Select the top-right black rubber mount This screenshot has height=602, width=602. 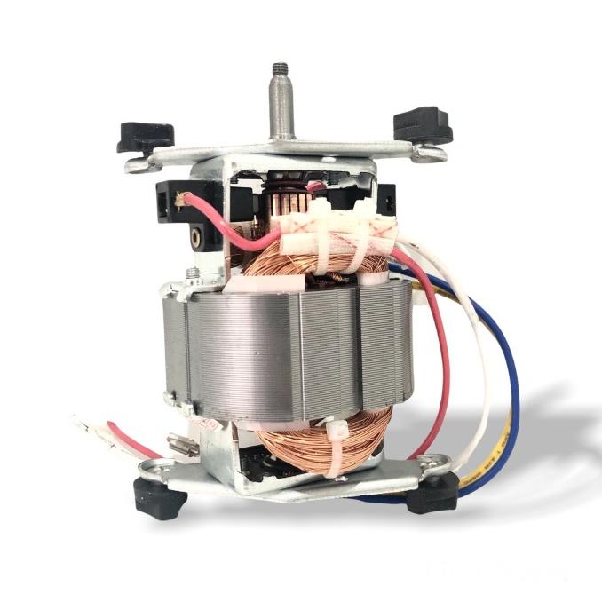pyautogui.click(x=422, y=123)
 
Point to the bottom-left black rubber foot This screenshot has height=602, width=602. pyautogui.click(x=161, y=498)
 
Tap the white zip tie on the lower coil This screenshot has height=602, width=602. pyautogui.click(x=342, y=448)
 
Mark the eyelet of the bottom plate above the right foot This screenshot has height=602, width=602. pyautogui.click(x=434, y=461)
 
